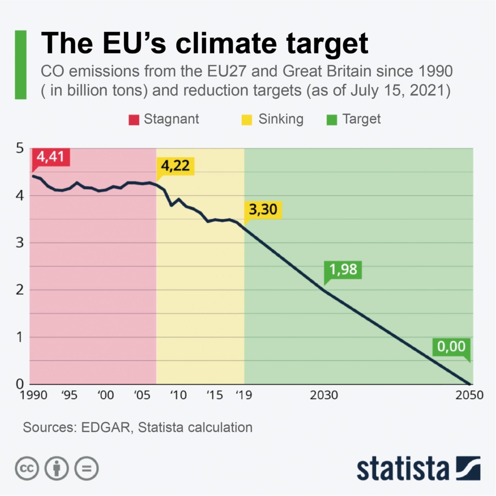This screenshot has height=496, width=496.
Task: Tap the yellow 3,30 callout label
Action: [263, 210]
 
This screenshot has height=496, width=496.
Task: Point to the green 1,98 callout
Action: [342, 269]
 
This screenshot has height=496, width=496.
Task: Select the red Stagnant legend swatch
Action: [134, 119]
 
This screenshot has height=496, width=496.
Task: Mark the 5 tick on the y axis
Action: [20, 148]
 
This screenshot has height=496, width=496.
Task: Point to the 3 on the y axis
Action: [20, 243]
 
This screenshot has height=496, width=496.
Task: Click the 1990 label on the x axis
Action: [34, 395]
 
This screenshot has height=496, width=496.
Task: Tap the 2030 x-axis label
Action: [324, 395]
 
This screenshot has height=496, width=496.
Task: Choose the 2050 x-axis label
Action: [469, 395]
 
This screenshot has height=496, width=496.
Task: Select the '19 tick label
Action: [243, 395]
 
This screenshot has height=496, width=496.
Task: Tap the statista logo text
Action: [403, 468]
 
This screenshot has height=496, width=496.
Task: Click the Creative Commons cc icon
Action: [27, 467]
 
